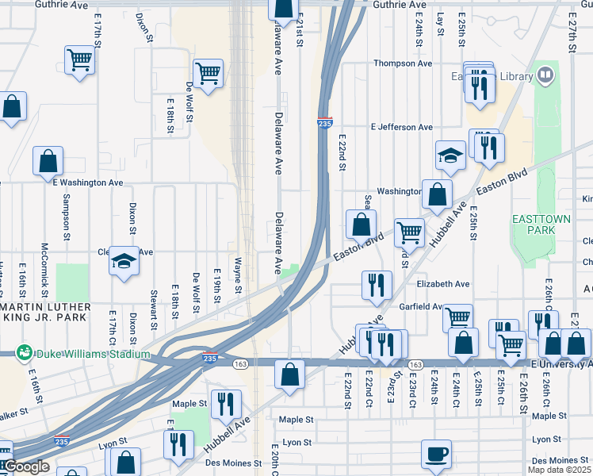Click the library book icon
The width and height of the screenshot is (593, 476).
click(x=545, y=76)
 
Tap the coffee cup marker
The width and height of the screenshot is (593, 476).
click(x=436, y=455)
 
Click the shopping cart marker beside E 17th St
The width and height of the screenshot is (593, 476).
click(x=79, y=59)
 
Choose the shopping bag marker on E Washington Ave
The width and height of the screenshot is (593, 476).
click(x=48, y=161)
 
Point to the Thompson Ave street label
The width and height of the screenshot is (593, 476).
click(x=403, y=63)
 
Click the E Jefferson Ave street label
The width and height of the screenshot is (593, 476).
click(x=401, y=127)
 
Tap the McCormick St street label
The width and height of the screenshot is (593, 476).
click(x=45, y=263)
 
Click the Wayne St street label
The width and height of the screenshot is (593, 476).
click(x=237, y=274)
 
